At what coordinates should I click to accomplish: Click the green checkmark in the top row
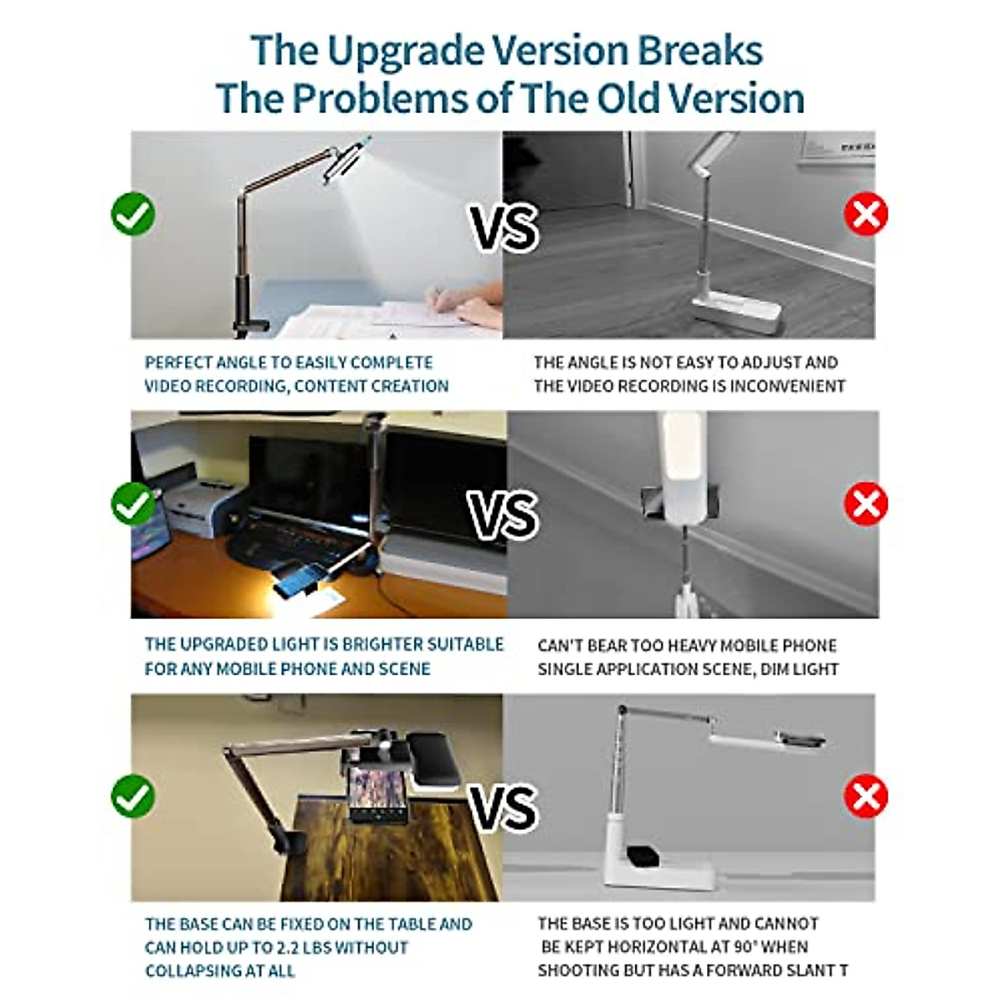click(x=133, y=214)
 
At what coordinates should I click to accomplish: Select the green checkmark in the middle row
click(x=133, y=504)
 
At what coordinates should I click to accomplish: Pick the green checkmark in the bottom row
click(x=133, y=796)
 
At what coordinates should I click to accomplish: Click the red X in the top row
click(x=865, y=215)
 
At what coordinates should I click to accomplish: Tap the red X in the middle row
click(x=865, y=505)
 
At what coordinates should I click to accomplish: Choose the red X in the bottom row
click(x=865, y=796)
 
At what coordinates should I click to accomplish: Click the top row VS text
click(x=503, y=228)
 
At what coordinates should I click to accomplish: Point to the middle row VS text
click(x=503, y=515)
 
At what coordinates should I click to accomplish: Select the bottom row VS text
click(x=503, y=807)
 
